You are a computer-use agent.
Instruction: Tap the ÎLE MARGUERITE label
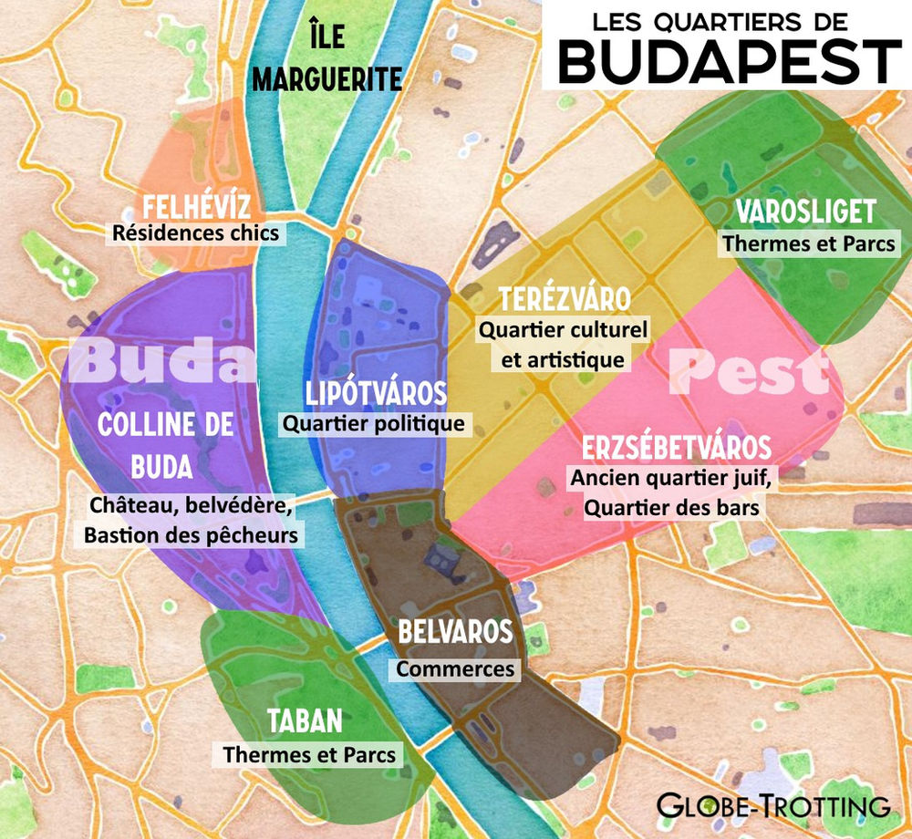(326, 61)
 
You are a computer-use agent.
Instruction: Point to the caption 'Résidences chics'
(195, 233)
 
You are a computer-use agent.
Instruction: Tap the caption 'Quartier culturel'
(563, 329)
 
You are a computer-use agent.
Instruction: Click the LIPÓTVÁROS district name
(376, 394)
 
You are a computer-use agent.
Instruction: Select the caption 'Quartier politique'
(373, 423)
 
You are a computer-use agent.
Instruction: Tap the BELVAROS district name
(455, 632)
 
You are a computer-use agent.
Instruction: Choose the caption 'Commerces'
(455, 668)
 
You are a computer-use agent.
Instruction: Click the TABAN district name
(305, 721)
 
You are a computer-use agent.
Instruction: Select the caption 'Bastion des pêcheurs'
(191, 535)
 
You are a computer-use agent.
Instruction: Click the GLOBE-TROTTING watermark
(773, 805)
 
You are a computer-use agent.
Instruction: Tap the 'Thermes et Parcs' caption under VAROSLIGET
(808, 243)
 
